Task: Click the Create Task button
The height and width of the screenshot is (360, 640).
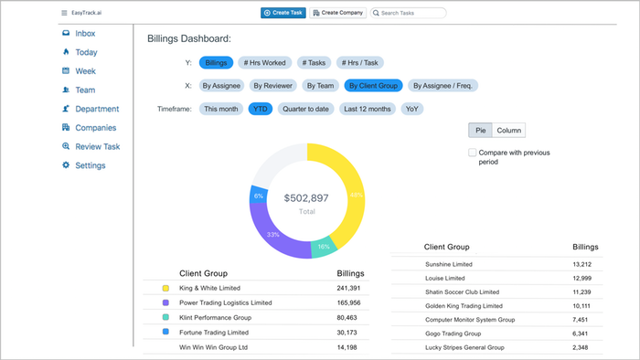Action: coord(283,13)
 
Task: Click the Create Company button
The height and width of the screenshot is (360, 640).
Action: coord(338,13)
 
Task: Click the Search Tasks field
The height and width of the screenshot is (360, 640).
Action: coord(408,13)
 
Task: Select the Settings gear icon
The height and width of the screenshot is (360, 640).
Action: coord(66,165)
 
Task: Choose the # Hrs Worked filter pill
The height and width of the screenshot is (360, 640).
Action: coord(264,63)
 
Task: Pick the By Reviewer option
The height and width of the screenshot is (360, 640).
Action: coord(272,86)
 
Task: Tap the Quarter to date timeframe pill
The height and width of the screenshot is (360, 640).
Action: coord(305,109)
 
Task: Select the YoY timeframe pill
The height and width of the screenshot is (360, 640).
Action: coord(411,109)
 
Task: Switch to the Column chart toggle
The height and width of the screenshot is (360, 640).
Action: coord(508,131)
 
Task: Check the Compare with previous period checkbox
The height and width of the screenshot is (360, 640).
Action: coord(473,153)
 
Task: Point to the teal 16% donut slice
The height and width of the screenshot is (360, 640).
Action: coord(324,247)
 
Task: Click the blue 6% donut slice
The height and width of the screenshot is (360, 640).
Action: coord(259,195)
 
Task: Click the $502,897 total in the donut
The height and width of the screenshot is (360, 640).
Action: coord(306,198)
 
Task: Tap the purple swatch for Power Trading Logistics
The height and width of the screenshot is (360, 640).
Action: coord(165,302)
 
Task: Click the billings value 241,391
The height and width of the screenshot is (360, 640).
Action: coord(348,288)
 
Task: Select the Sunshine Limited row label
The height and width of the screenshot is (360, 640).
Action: coord(449,264)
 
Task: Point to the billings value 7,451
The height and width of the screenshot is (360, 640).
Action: coord(580,320)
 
